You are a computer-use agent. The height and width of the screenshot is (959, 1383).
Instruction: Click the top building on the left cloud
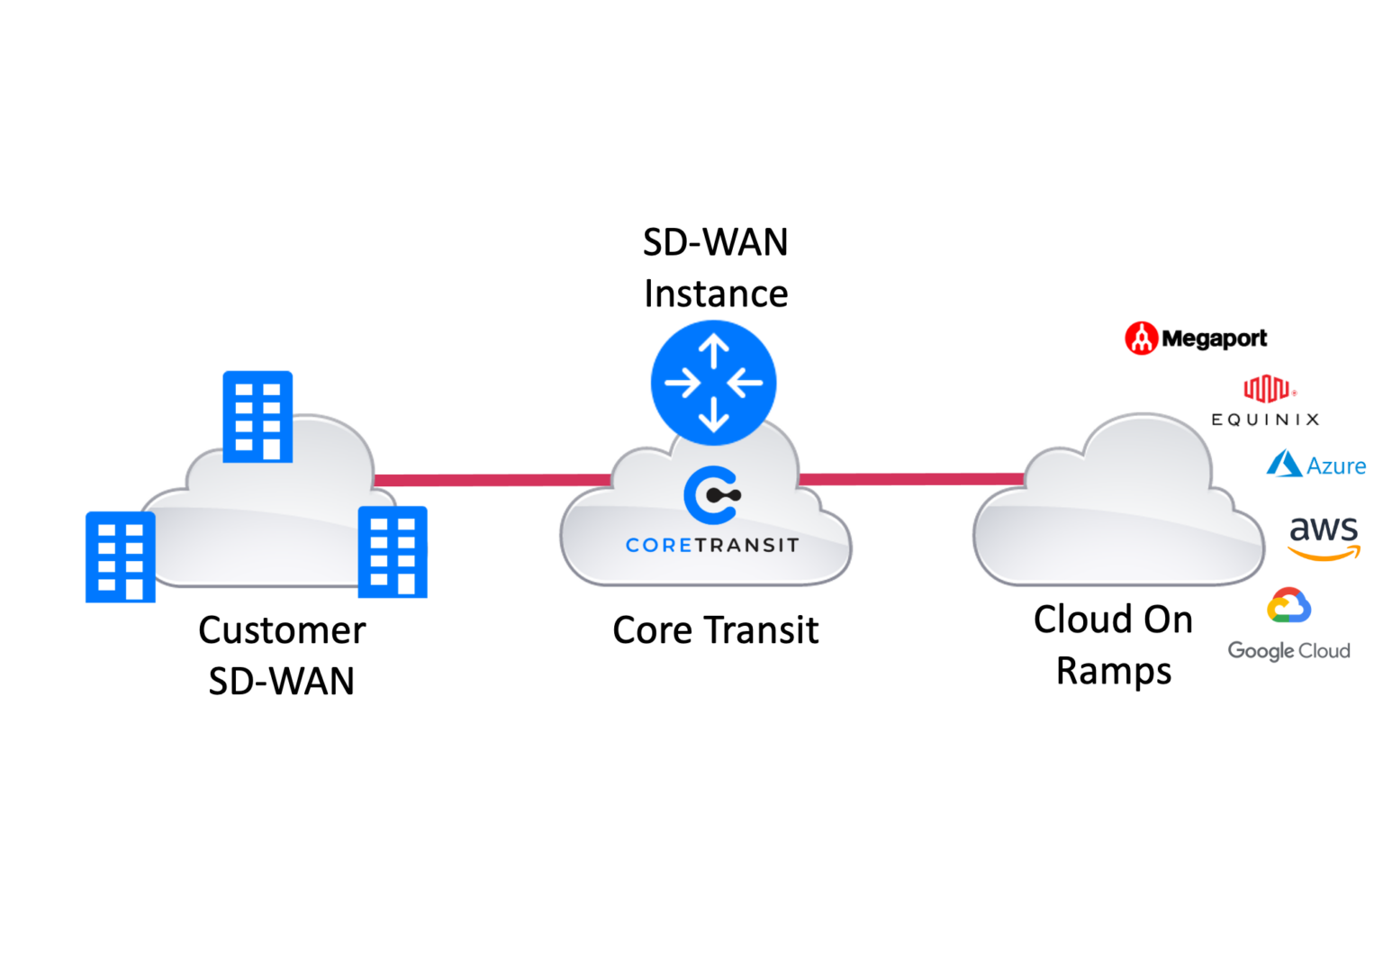tap(258, 416)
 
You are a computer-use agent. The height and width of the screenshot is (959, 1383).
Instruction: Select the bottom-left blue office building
tap(120, 556)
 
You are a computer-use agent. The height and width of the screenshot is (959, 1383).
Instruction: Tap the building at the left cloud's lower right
tap(393, 552)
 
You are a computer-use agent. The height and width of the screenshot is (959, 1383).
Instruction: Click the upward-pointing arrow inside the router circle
tap(713, 350)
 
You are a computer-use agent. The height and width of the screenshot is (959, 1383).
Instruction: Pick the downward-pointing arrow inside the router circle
tap(713, 413)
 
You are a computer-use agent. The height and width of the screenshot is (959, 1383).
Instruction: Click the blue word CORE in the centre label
tap(658, 545)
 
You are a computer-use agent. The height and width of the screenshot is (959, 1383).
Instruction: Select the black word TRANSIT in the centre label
tap(746, 545)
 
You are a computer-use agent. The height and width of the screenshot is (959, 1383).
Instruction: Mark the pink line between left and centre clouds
tap(491, 480)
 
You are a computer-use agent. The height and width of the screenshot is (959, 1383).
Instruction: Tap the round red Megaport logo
tap(1142, 338)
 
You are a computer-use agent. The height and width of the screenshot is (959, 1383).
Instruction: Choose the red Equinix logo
tap(1270, 389)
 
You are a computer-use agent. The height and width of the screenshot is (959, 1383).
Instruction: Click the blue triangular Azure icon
tap(1283, 464)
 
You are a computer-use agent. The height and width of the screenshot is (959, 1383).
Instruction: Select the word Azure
tap(1336, 466)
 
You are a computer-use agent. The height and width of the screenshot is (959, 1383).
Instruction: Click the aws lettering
tap(1323, 529)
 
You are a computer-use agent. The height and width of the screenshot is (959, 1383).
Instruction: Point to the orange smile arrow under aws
tap(1324, 554)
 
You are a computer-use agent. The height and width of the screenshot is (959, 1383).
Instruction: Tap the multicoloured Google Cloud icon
tap(1288, 606)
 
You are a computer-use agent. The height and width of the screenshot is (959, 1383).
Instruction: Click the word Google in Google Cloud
tap(1261, 650)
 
